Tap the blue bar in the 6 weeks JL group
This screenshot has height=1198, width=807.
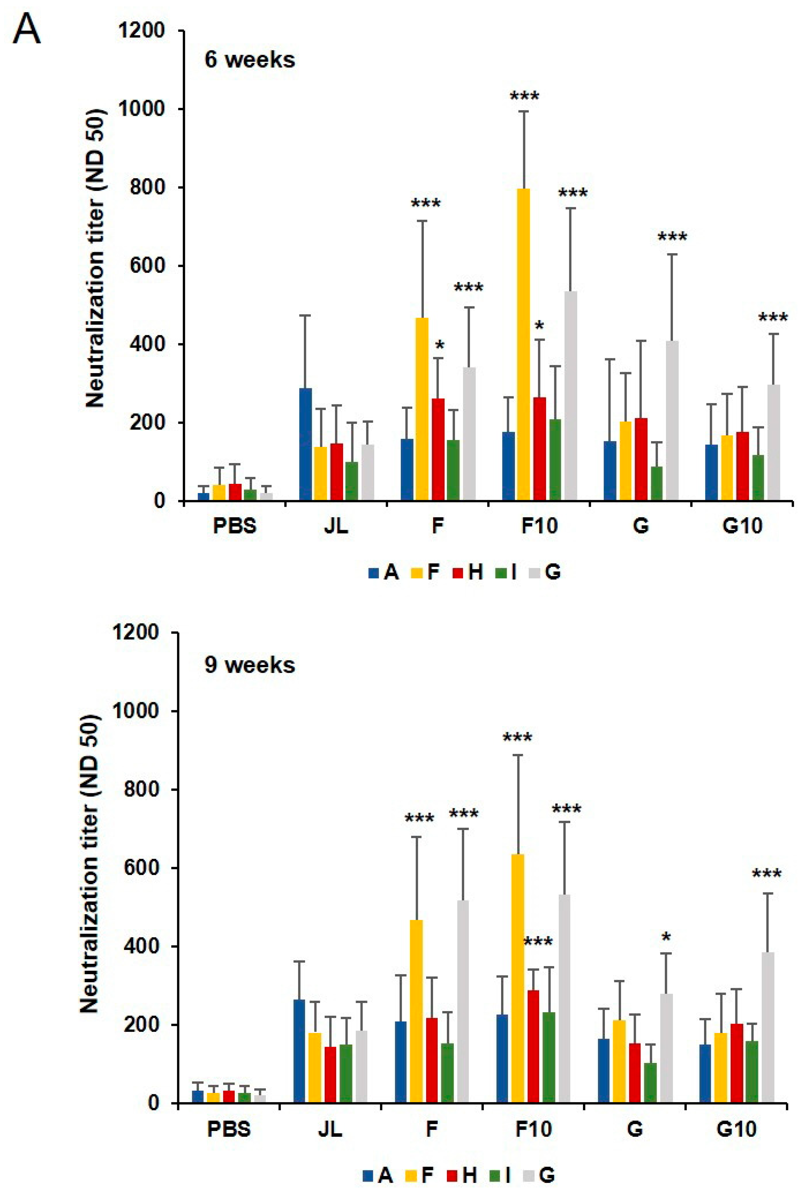[x=305, y=444]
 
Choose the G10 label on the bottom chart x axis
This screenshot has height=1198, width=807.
[x=736, y=1129]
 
